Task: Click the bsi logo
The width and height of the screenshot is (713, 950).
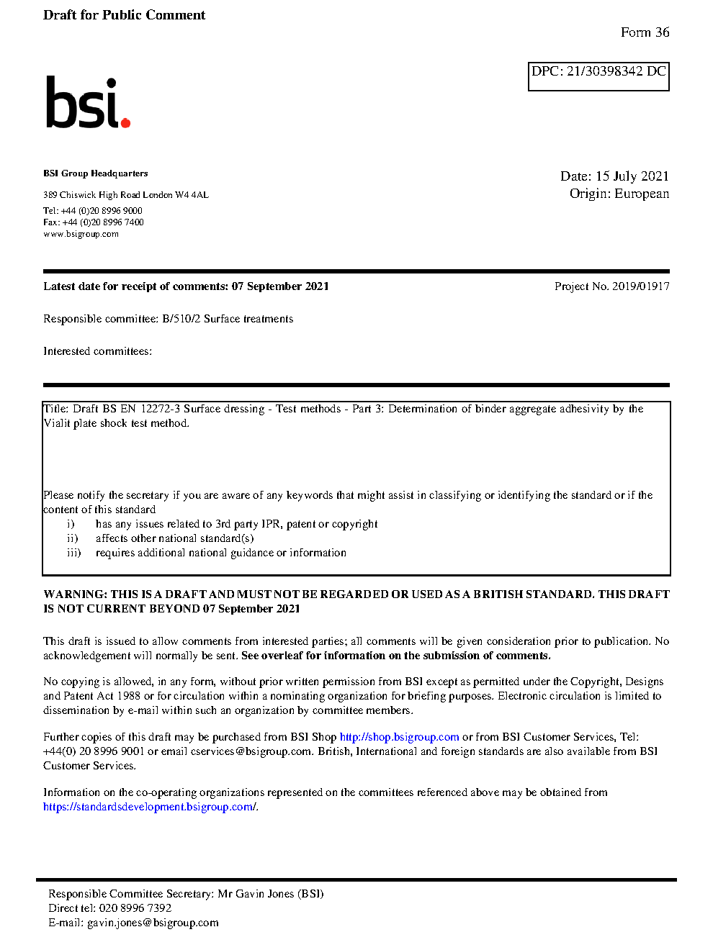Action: [x=86, y=103]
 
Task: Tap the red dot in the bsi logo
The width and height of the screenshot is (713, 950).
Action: [x=126, y=123]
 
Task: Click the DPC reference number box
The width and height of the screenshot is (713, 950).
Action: [x=598, y=76]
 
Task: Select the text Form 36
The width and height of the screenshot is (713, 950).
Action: [x=645, y=32]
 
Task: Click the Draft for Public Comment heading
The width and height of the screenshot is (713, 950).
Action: [x=124, y=15]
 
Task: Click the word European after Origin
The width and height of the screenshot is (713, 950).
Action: [x=642, y=194]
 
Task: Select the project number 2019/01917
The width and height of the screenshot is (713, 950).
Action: [x=640, y=286]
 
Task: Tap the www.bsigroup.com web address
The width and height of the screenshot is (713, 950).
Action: [x=81, y=234]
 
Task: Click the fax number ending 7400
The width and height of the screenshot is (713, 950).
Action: [x=102, y=222]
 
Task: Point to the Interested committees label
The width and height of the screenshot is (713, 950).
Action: [x=97, y=351]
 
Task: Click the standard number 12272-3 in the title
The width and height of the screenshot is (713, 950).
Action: [x=160, y=409]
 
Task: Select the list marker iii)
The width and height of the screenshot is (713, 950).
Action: [x=73, y=553]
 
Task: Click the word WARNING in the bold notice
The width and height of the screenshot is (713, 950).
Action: [x=76, y=594]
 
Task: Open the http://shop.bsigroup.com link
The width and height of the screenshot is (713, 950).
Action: [x=399, y=737]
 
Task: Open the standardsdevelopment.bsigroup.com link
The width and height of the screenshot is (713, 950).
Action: [x=149, y=807]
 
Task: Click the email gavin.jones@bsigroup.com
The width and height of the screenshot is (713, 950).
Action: [x=153, y=923]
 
